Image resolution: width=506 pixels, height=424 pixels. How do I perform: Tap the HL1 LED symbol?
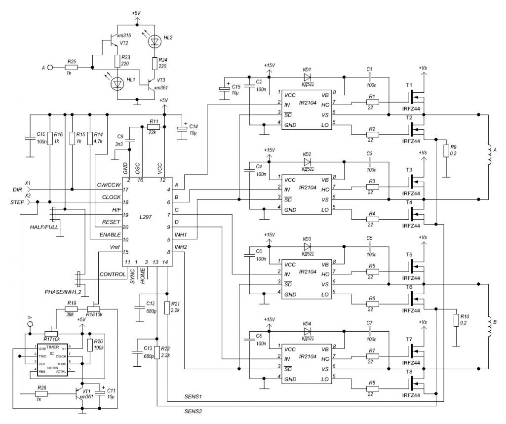(118, 84)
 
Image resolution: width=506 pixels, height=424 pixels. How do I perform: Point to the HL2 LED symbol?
(155, 42)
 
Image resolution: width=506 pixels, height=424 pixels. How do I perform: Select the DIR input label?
(17, 190)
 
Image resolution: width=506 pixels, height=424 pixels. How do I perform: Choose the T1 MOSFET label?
(409, 85)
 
